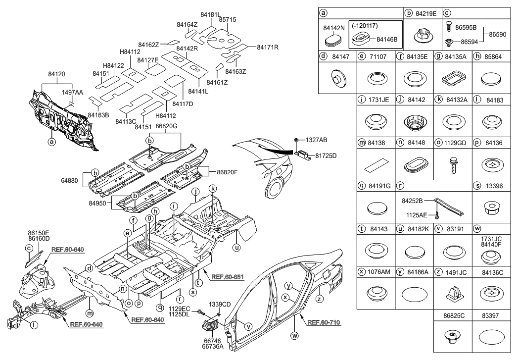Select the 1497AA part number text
pos(72,93)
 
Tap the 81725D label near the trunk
pos(326,155)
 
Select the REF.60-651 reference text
pos(227,276)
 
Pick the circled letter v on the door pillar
pos(249,326)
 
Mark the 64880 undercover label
pos(76,180)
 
